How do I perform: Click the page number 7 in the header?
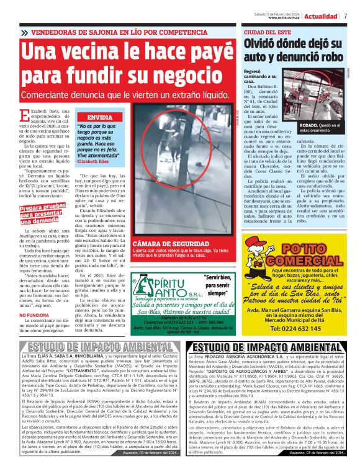coord(345,16)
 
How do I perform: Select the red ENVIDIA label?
coord(100,117)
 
